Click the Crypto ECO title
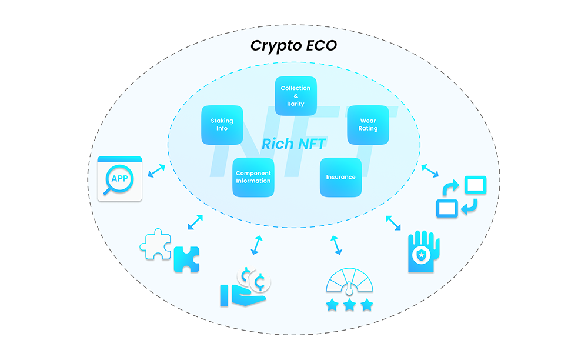(x=293, y=46)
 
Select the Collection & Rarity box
(x=296, y=96)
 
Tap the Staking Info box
(x=222, y=125)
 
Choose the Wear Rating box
(x=368, y=125)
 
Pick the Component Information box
(x=253, y=177)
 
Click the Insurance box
(x=340, y=177)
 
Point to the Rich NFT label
(x=293, y=144)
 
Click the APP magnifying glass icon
(x=119, y=179)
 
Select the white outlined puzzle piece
(x=156, y=244)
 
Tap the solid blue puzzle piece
(x=186, y=259)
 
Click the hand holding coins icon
(x=245, y=287)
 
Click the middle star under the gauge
(x=349, y=305)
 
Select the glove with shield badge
(x=423, y=251)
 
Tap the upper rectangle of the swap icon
(x=476, y=185)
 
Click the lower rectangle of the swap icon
(x=447, y=208)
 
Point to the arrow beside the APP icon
(x=156, y=171)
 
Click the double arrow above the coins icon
(x=256, y=245)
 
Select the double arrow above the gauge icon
(x=336, y=245)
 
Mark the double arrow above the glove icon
(x=393, y=223)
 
